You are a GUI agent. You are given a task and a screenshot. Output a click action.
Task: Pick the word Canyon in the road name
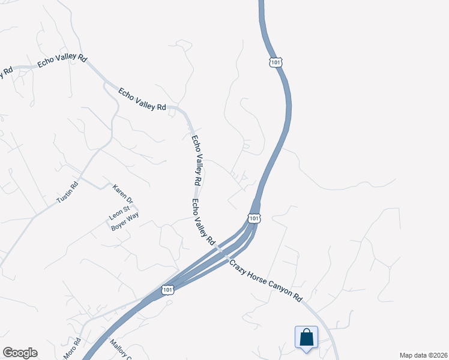point(282,290)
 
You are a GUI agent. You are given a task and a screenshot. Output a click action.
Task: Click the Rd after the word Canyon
point(298,298)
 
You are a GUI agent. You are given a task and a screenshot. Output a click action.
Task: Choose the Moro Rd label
point(74,349)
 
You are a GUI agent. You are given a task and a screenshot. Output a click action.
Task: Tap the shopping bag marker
point(306,337)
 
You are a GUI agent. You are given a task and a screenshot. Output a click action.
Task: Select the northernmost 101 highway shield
point(276,62)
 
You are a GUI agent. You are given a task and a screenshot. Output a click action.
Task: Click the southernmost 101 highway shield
point(169,290)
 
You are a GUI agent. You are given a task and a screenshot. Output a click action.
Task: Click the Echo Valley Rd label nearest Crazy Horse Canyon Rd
point(203,221)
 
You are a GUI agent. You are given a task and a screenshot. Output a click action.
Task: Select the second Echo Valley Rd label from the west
point(142,99)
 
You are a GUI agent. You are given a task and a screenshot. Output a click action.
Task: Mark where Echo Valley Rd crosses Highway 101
point(223,252)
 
